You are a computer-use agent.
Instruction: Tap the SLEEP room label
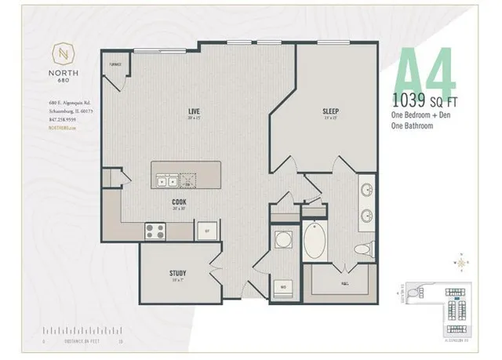pos(330,111)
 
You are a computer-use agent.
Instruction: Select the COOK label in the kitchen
pos(180,202)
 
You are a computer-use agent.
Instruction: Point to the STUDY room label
pos(177,273)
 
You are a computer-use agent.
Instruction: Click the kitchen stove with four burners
pos(155,231)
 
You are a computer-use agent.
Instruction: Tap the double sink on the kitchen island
pos(167,180)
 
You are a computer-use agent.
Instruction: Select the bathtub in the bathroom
pos(317,243)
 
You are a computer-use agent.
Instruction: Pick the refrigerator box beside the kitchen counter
pos(207,231)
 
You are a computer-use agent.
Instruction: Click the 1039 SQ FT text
pos(431,100)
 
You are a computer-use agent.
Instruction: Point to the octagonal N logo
pos(64,54)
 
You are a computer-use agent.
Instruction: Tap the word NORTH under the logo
pos(64,76)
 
